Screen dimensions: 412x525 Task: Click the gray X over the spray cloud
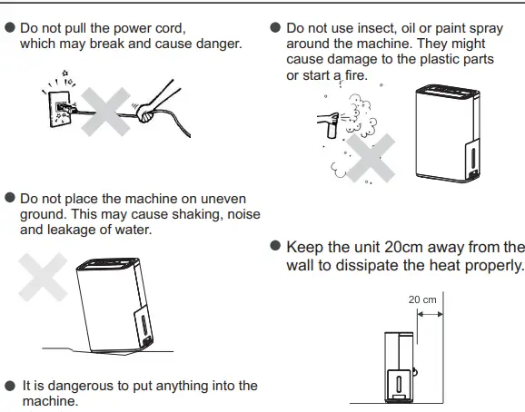click(x=370, y=161)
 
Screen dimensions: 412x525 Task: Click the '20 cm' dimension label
click(x=422, y=299)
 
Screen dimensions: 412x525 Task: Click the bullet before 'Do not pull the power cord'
click(x=10, y=28)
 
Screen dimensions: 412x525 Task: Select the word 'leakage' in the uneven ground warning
click(x=75, y=230)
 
